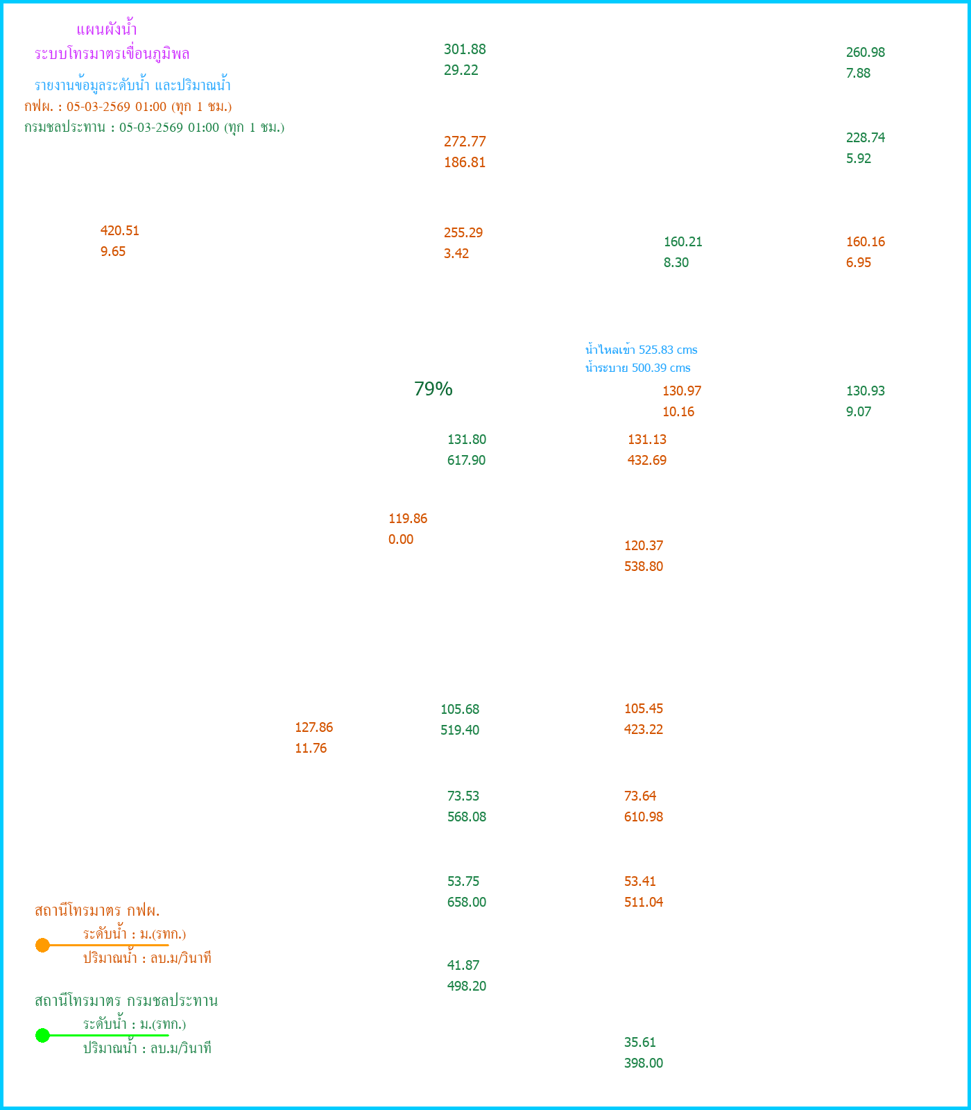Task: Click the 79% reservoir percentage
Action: (x=433, y=389)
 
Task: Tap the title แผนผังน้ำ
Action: (x=107, y=30)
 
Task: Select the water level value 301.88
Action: (x=465, y=49)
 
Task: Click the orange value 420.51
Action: (x=120, y=231)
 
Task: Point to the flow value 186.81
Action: (x=465, y=163)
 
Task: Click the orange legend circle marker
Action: (x=42, y=945)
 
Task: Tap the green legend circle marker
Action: (x=42, y=1035)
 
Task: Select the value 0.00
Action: (x=401, y=540)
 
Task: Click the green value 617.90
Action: (x=466, y=461)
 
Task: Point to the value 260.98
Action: (x=866, y=53)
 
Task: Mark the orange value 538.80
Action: (x=644, y=567)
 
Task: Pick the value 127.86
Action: (x=313, y=728)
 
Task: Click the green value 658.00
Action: (x=467, y=903)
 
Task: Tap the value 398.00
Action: (x=644, y=1064)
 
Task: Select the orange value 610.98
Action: (x=644, y=817)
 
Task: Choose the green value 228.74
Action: (x=866, y=138)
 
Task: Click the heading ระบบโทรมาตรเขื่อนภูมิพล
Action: (x=112, y=54)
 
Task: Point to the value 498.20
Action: (x=467, y=987)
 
